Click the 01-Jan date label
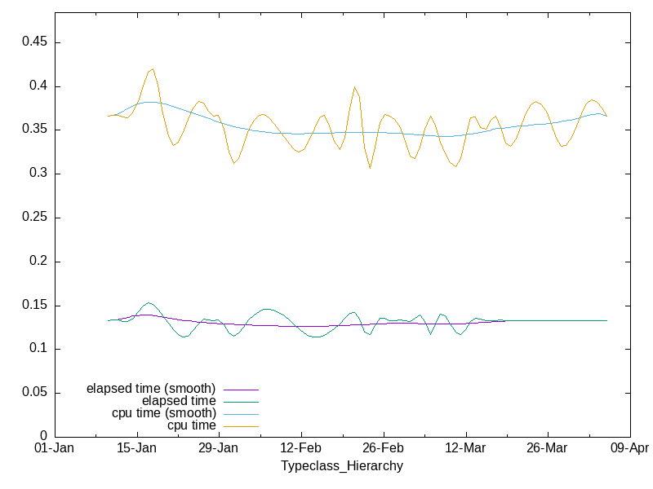point(55,449)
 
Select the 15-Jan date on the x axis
point(136,449)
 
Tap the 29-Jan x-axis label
point(219,449)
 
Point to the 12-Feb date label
point(301,449)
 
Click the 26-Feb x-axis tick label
point(383,449)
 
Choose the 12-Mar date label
point(465,449)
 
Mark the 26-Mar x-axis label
point(547,449)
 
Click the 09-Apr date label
point(629,449)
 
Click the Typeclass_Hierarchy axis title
point(342,466)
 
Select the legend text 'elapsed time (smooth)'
point(151,388)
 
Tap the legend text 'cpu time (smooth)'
point(164,413)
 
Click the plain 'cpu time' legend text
point(192,425)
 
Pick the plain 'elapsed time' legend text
point(179,401)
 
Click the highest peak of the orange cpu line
point(153,69)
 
